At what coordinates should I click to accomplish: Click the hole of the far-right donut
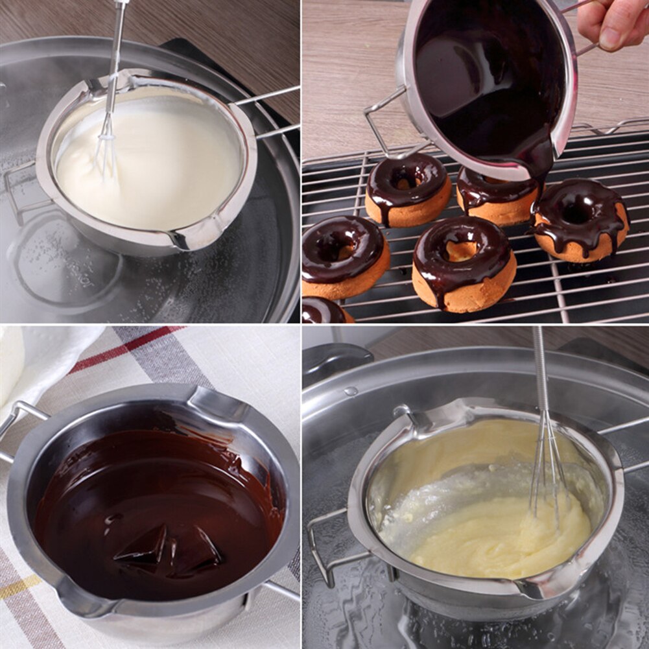[577, 211]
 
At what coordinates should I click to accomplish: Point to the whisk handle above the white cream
[117, 52]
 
